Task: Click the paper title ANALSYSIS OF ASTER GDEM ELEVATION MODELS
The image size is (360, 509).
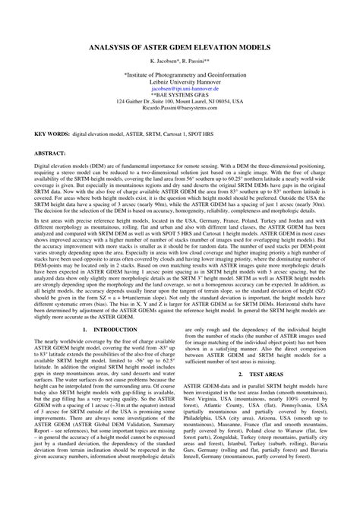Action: [x=179, y=46]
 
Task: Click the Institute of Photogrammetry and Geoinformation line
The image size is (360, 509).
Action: [x=179, y=77]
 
